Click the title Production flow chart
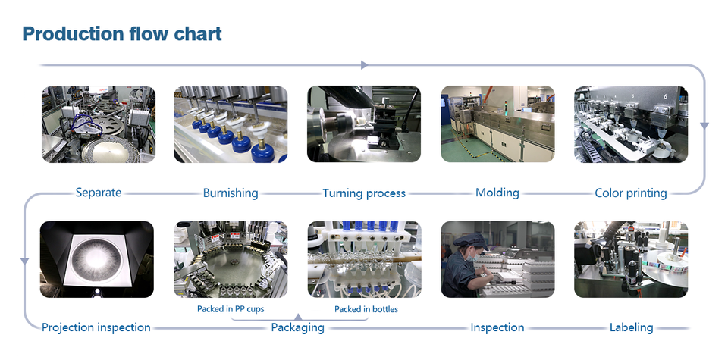[x=122, y=34]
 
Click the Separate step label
[x=99, y=192]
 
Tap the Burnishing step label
[x=231, y=193]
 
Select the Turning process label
[x=364, y=193]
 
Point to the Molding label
[x=497, y=193]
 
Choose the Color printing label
[x=631, y=193]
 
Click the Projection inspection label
[x=96, y=327]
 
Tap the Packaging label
[x=297, y=327]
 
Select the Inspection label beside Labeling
[x=497, y=327]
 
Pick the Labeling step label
[x=632, y=327]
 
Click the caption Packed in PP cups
[x=231, y=308]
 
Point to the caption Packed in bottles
[x=366, y=309]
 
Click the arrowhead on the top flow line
[x=364, y=65]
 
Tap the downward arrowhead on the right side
[x=704, y=126]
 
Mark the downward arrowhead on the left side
[x=24, y=261]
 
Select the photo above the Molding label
[x=497, y=124]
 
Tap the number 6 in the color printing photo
[x=665, y=96]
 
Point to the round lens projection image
[x=96, y=260]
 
